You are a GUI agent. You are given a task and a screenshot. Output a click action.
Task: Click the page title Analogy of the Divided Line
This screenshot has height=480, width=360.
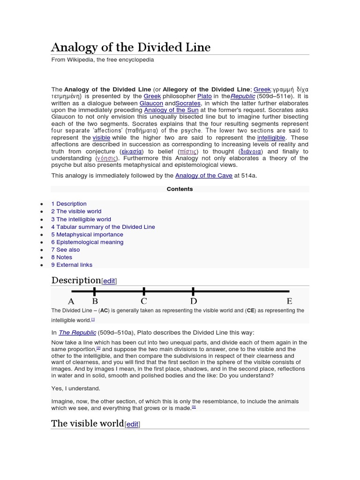click(x=131, y=47)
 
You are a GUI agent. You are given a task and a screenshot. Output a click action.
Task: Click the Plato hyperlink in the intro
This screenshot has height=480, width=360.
click(x=204, y=96)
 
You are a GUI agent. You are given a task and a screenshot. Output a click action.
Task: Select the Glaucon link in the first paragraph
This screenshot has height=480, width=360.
click(x=151, y=103)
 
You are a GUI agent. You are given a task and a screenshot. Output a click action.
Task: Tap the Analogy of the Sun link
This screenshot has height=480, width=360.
click(x=171, y=110)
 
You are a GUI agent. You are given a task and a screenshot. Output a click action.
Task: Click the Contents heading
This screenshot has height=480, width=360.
click(x=180, y=189)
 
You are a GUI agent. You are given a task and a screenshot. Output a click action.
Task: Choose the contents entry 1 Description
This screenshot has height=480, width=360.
click(x=69, y=204)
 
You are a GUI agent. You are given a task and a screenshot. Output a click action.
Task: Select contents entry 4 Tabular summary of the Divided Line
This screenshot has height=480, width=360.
click(x=103, y=227)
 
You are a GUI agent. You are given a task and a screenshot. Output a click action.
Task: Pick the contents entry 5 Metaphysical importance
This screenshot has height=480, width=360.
click(x=87, y=234)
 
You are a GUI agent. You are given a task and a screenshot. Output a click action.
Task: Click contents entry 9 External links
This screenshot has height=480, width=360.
click(x=72, y=265)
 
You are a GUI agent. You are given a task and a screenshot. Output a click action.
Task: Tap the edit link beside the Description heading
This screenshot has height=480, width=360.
click(x=109, y=281)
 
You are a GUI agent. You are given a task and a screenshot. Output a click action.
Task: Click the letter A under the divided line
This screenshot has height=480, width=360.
click(x=71, y=301)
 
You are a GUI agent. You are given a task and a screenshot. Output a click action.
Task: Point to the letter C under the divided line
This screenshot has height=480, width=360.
click(x=144, y=301)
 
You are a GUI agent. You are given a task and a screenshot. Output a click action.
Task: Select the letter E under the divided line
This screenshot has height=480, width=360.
click(x=289, y=301)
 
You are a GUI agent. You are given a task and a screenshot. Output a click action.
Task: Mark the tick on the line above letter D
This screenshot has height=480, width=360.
click(x=194, y=291)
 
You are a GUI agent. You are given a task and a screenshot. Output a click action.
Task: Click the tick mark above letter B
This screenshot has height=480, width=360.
click(x=95, y=291)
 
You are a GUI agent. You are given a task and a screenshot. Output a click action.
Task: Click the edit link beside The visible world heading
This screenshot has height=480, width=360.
click(x=132, y=424)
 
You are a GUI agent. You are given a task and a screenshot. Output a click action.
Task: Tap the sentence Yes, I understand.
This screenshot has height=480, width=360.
click(x=75, y=388)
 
